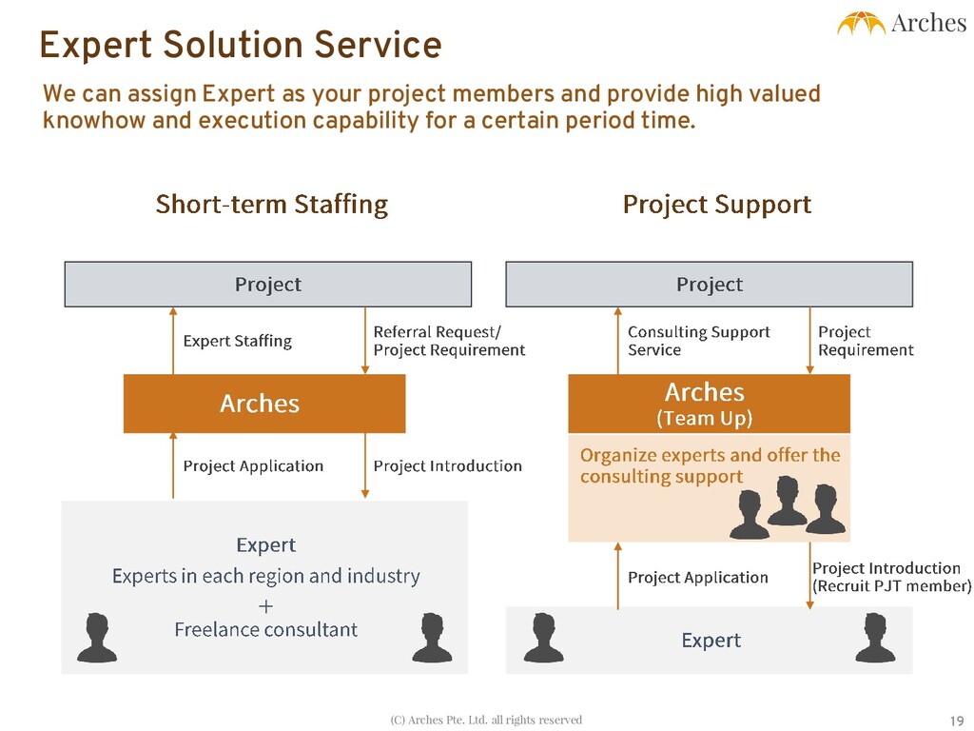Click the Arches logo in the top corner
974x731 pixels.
[x=901, y=23]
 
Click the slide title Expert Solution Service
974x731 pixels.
[x=241, y=46]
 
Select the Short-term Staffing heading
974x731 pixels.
[x=271, y=205]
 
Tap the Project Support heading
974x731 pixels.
[x=716, y=205]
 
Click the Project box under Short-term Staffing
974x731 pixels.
[x=267, y=285]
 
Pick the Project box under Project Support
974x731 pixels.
[x=709, y=285]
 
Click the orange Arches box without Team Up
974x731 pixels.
[x=263, y=404]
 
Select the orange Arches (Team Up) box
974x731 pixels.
[x=709, y=404]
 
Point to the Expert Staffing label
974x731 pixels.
[x=237, y=341]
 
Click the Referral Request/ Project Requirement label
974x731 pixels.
[x=449, y=341]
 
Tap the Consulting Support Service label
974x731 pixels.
[x=699, y=341]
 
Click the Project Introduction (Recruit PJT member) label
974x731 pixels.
[x=891, y=577]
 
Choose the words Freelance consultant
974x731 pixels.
[x=265, y=629]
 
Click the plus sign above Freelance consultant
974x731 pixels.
[x=265, y=605]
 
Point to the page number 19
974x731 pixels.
[x=957, y=719]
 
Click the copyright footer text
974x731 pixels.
[x=486, y=720]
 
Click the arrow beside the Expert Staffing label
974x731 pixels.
[x=173, y=341]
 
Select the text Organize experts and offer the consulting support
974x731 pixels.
[x=710, y=465]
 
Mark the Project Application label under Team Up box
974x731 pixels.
[x=697, y=577]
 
